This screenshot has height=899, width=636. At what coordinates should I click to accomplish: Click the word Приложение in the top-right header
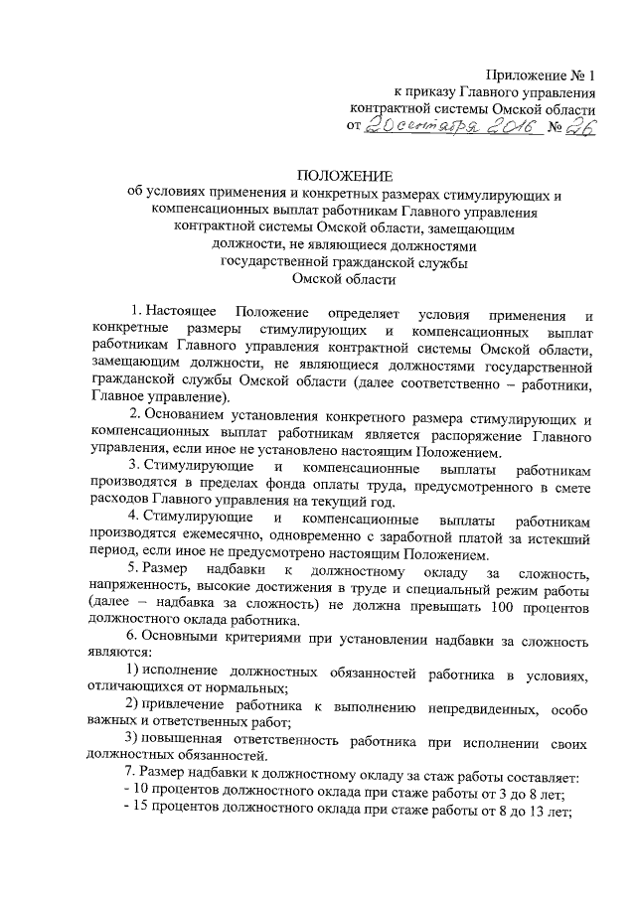[523, 75]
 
